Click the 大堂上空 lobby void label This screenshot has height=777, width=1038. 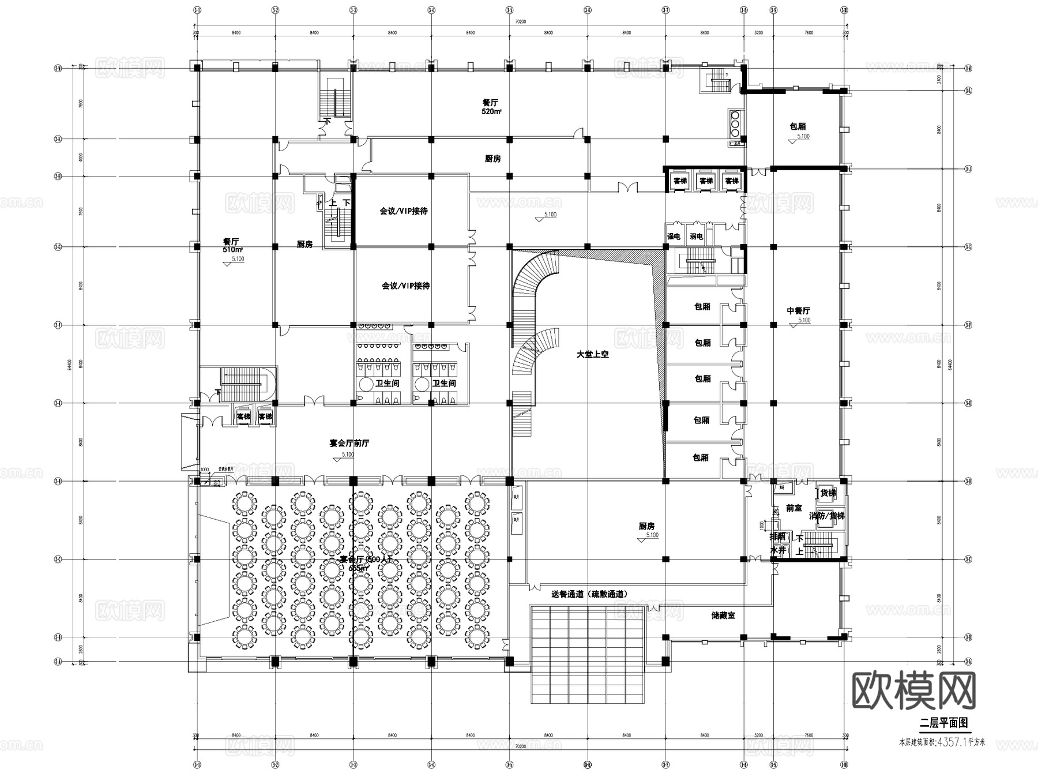click(592, 355)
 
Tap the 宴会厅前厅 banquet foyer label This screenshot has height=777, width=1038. click(349, 443)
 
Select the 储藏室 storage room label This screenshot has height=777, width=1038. click(723, 615)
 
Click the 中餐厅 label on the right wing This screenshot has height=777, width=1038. click(798, 311)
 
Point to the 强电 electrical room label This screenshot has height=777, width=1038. click(674, 237)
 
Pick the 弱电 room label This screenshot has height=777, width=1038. click(696, 237)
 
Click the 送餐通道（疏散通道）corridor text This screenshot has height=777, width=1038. click(589, 594)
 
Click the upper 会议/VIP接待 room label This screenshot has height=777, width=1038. click(404, 211)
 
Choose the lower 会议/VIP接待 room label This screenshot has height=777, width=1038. click(405, 286)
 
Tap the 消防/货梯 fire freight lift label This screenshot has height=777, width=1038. click(827, 516)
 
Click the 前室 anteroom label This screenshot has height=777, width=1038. click(793, 508)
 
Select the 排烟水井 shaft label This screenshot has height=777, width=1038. click(778, 543)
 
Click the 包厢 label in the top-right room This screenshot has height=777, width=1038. click(798, 126)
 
